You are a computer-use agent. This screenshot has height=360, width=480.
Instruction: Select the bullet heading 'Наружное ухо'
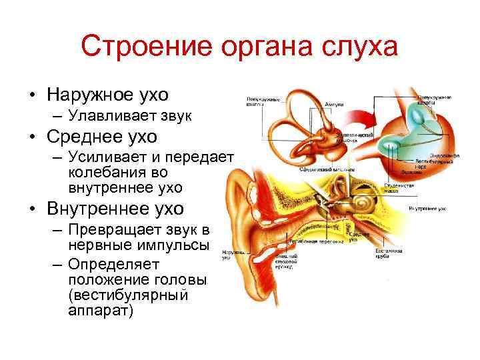coord(107,93)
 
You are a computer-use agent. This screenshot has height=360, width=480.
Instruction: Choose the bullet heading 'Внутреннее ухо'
coord(115,208)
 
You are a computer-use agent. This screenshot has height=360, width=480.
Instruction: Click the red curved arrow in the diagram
coord(360,123)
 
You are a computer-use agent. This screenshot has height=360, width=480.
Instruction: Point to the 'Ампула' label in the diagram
coord(334,104)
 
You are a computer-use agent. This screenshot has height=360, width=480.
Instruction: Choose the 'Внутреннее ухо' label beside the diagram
coord(427,209)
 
